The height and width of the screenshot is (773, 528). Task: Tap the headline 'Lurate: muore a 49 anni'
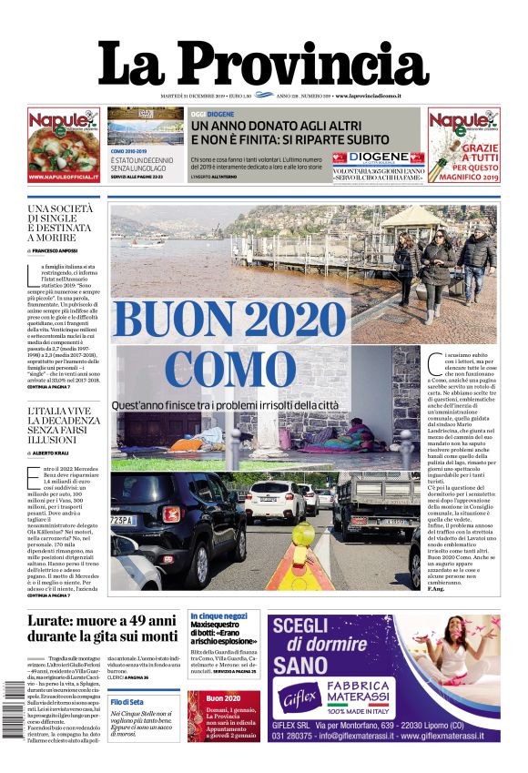click(102, 626)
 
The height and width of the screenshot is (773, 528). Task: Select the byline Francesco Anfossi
click(54, 249)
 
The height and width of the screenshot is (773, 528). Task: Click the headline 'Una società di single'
click(60, 224)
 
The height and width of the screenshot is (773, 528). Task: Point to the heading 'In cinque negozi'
click(218, 615)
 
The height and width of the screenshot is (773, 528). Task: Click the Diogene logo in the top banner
click(377, 157)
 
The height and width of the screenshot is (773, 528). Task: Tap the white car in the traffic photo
click(273, 501)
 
